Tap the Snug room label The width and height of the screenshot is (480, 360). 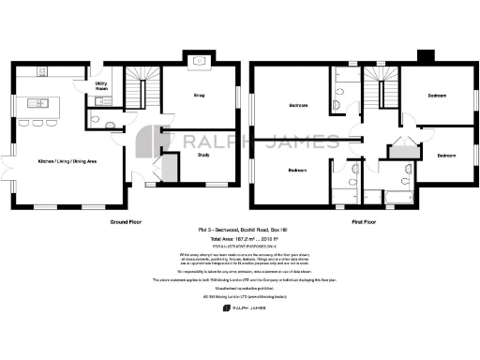[x=199, y=96]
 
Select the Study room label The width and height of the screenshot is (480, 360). [x=202, y=155]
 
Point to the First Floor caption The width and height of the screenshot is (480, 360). [x=364, y=222]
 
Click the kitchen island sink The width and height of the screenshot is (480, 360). [x=41, y=102]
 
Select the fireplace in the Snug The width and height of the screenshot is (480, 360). [x=200, y=64]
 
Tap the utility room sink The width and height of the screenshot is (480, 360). [x=106, y=100]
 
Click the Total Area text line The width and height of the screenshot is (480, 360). [x=240, y=240]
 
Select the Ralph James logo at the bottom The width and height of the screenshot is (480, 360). [x=240, y=307]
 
